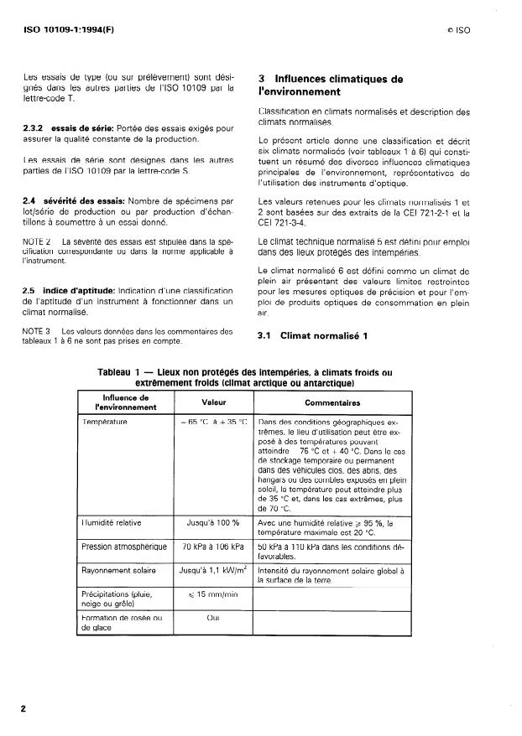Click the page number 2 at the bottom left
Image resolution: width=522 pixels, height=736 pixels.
pos(23,709)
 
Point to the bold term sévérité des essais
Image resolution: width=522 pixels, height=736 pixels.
pos(81,201)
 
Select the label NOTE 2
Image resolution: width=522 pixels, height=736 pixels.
pos(35,241)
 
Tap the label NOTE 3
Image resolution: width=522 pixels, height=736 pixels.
pos(35,330)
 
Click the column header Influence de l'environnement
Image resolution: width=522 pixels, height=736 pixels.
pos(126,402)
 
